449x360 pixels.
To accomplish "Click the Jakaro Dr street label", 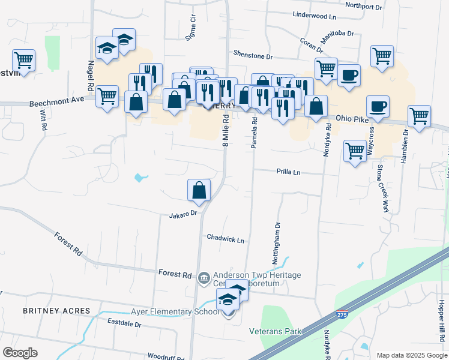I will (x=183, y=214).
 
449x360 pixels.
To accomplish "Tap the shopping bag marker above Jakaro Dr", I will (x=199, y=191).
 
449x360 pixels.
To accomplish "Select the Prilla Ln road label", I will (x=288, y=172).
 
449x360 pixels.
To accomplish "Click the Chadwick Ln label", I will (x=225, y=239).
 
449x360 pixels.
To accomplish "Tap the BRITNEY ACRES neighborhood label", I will (x=56, y=310).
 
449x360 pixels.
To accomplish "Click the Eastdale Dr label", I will (x=124, y=324).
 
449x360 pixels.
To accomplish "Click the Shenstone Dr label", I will (x=253, y=56).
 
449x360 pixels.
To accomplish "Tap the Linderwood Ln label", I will (x=314, y=14).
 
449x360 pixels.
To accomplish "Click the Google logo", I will (x=20, y=352).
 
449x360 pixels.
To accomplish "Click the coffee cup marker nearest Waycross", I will (x=378, y=107).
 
